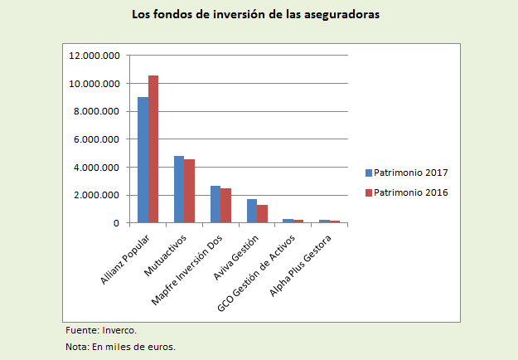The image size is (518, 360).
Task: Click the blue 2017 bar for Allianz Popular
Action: pyautogui.click(x=143, y=160)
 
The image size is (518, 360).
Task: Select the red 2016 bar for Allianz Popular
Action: pyautogui.click(x=153, y=149)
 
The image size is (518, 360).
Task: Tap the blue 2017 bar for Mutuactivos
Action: pyautogui.click(x=179, y=189)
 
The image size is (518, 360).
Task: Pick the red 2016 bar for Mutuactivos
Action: pyautogui.click(x=190, y=191)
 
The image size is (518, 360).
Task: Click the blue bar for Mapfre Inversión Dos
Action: pyautogui.click(x=215, y=204)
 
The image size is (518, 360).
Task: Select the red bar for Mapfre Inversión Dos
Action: pyautogui.click(x=226, y=206)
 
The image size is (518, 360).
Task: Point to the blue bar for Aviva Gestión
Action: pyautogui.click(x=252, y=211)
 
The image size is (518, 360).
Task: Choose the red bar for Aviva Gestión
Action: pyautogui.click(x=263, y=214)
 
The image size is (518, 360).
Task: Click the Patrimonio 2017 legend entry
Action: pyautogui.click(x=406, y=173)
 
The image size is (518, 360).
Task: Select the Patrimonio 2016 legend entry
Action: pyautogui.click(x=406, y=192)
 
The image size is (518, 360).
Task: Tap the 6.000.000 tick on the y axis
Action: pyautogui.click(x=98, y=139)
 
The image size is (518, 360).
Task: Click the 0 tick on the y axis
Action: pyautogui.click(x=117, y=223)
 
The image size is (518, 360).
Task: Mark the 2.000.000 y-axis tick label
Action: pyautogui.click(x=98, y=195)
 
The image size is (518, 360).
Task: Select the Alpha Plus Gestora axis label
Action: pyautogui.click(x=303, y=268)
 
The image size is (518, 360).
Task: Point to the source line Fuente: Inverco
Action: pyautogui.click(x=101, y=330)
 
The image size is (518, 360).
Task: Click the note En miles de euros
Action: pyautogui.click(x=121, y=346)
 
